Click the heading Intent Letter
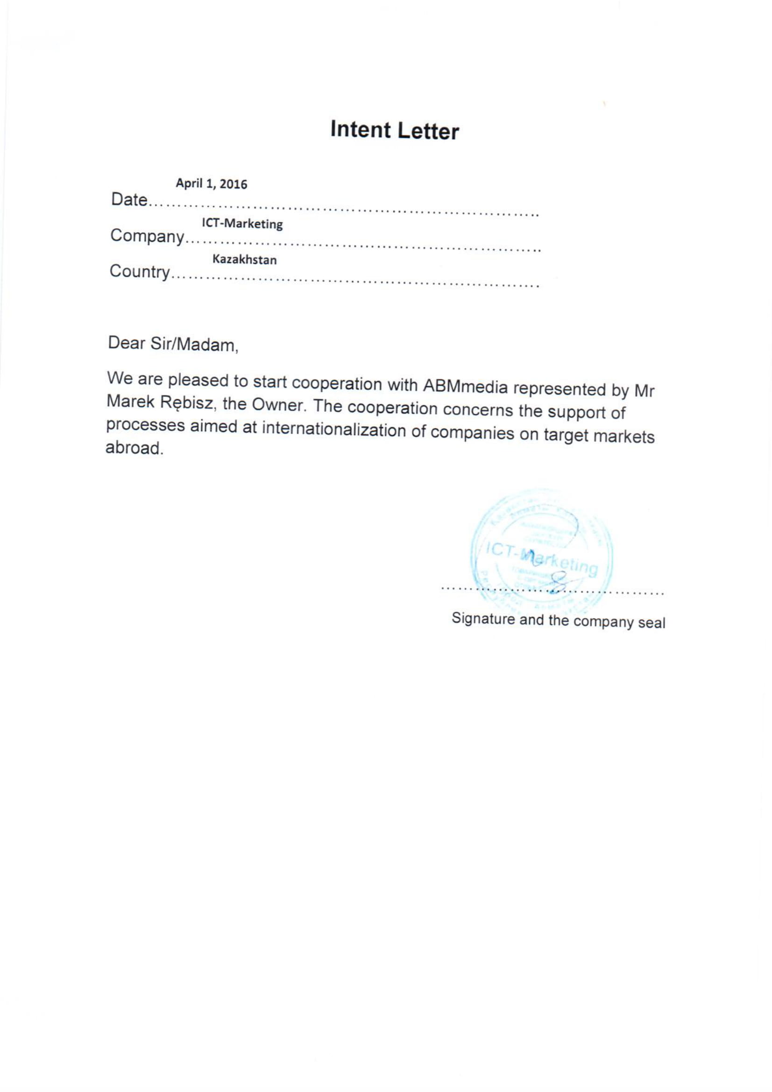(394, 130)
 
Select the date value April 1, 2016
(212, 183)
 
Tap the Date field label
(128, 200)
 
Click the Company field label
(147, 236)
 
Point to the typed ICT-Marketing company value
(242, 224)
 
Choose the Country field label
(139, 272)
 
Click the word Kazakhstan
(245, 260)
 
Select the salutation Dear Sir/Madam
(173, 344)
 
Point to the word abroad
(134, 448)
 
